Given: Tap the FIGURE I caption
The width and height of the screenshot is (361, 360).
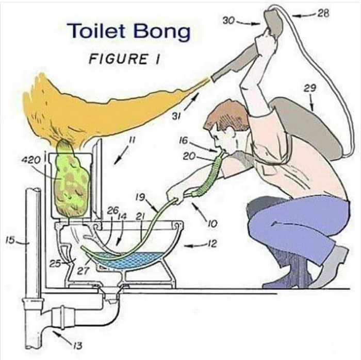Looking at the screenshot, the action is click(124, 59).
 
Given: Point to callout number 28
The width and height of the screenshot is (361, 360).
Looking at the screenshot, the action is click(323, 14).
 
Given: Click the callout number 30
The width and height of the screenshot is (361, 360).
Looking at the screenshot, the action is click(228, 21).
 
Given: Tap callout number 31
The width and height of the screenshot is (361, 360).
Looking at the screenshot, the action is click(176, 117).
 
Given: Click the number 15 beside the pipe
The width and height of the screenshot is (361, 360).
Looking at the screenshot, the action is click(10, 241).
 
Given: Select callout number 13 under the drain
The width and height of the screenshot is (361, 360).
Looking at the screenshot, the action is click(77, 346).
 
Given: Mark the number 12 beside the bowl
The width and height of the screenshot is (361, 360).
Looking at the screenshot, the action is click(212, 244).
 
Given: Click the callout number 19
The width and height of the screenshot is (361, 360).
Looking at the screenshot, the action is click(140, 197).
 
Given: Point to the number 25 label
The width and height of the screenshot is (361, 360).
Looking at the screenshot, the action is click(55, 264).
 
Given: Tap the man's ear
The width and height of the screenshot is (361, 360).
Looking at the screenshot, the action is click(230, 133).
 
